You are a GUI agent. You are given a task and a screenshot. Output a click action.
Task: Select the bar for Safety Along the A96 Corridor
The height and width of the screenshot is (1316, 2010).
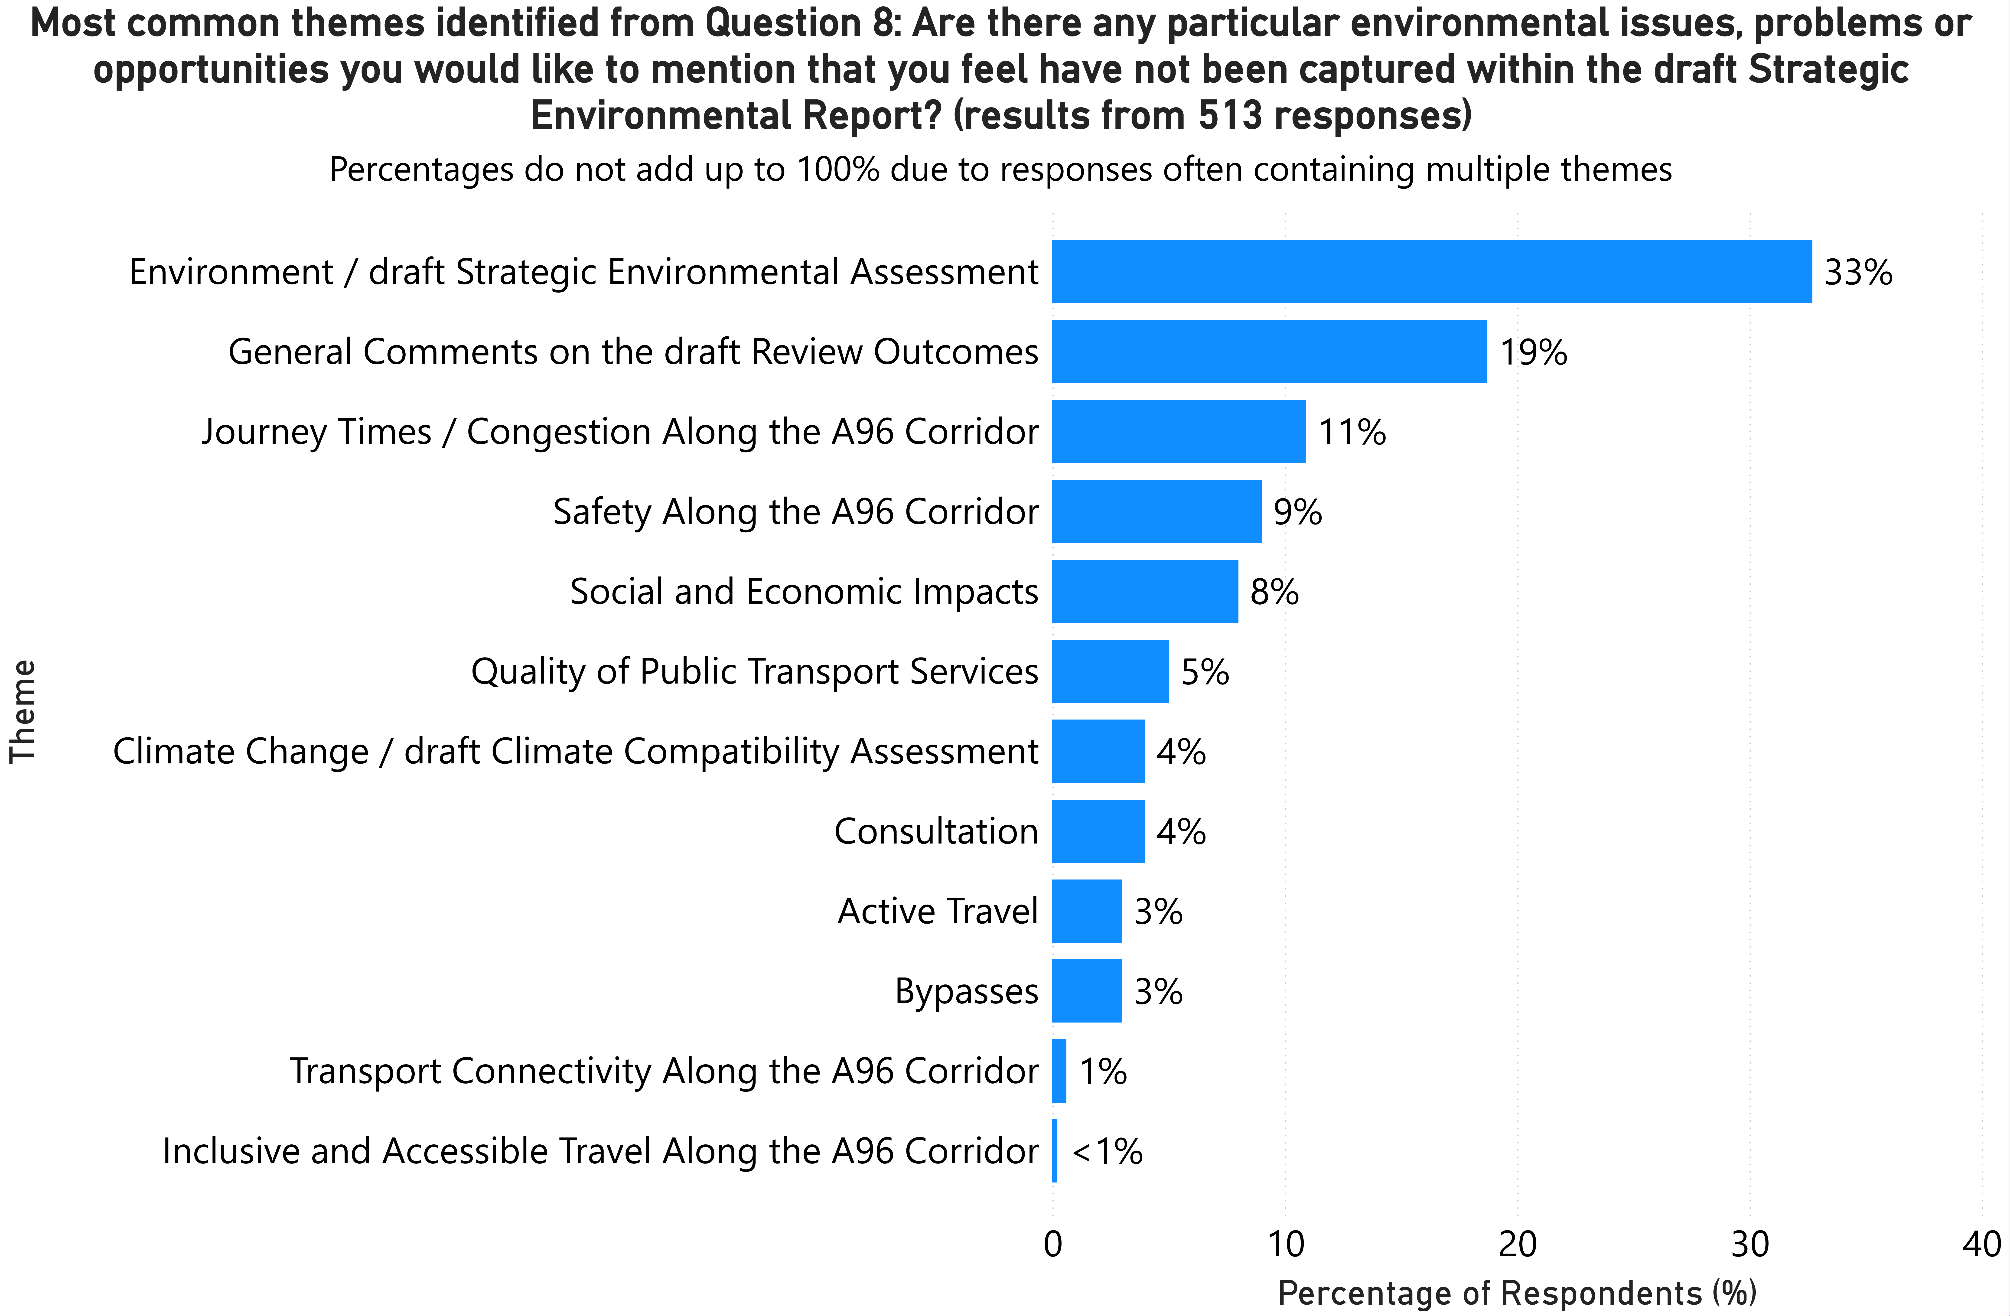tap(1156, 511)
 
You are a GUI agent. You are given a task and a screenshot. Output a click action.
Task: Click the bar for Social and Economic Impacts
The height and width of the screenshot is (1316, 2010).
tap(1144, 591)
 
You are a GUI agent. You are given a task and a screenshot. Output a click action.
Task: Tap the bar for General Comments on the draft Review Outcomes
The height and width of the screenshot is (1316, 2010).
tap(1268, 351)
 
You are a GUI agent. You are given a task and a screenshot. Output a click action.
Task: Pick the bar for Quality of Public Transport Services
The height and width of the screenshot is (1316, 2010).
tap(1110, 671)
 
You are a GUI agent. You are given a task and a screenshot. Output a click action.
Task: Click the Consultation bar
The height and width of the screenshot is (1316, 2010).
tap(1098, 831)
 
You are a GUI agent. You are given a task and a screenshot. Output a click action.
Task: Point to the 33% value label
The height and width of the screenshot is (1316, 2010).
tap(1858, 272)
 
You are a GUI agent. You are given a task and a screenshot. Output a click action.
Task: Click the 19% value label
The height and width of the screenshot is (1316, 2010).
tap(1533, 351)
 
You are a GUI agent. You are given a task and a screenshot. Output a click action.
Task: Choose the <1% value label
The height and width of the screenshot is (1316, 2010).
tap(1107, 1151)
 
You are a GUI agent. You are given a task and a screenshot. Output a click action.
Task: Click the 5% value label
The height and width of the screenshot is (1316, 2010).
tap(1204, 671)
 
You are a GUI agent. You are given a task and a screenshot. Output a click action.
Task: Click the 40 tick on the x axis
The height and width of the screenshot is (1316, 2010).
tap(1981, 1244)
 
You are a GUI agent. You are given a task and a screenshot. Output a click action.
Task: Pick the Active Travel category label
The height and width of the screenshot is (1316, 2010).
tap(938, 911)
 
